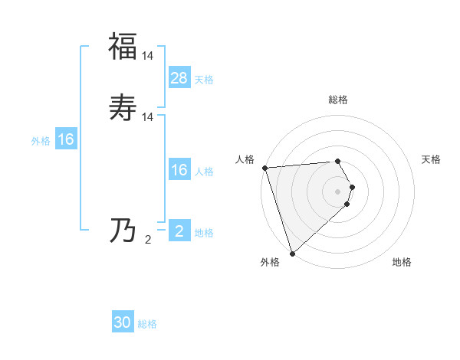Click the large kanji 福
click(123, 47)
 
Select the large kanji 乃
click(123, 230)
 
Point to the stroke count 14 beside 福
click(148, 55)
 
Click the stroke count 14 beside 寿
click(148, 117)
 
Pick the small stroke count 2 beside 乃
click(148, 239)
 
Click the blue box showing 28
click(179, 78)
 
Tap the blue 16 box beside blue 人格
click(179, 170)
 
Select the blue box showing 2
click(179, 231)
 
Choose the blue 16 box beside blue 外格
click(66, 139)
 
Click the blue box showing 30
click(123, 323)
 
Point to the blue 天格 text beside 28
click(204, 80)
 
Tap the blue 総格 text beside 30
click(147, 325)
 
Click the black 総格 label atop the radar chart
click(338, 100)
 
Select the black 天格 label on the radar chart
click(432, 159)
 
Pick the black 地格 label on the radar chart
click(402, 263)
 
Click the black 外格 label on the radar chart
click(270, 263)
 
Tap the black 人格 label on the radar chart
click(245, 159)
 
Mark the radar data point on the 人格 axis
click(264, 168)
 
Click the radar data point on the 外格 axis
click(292, 253)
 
